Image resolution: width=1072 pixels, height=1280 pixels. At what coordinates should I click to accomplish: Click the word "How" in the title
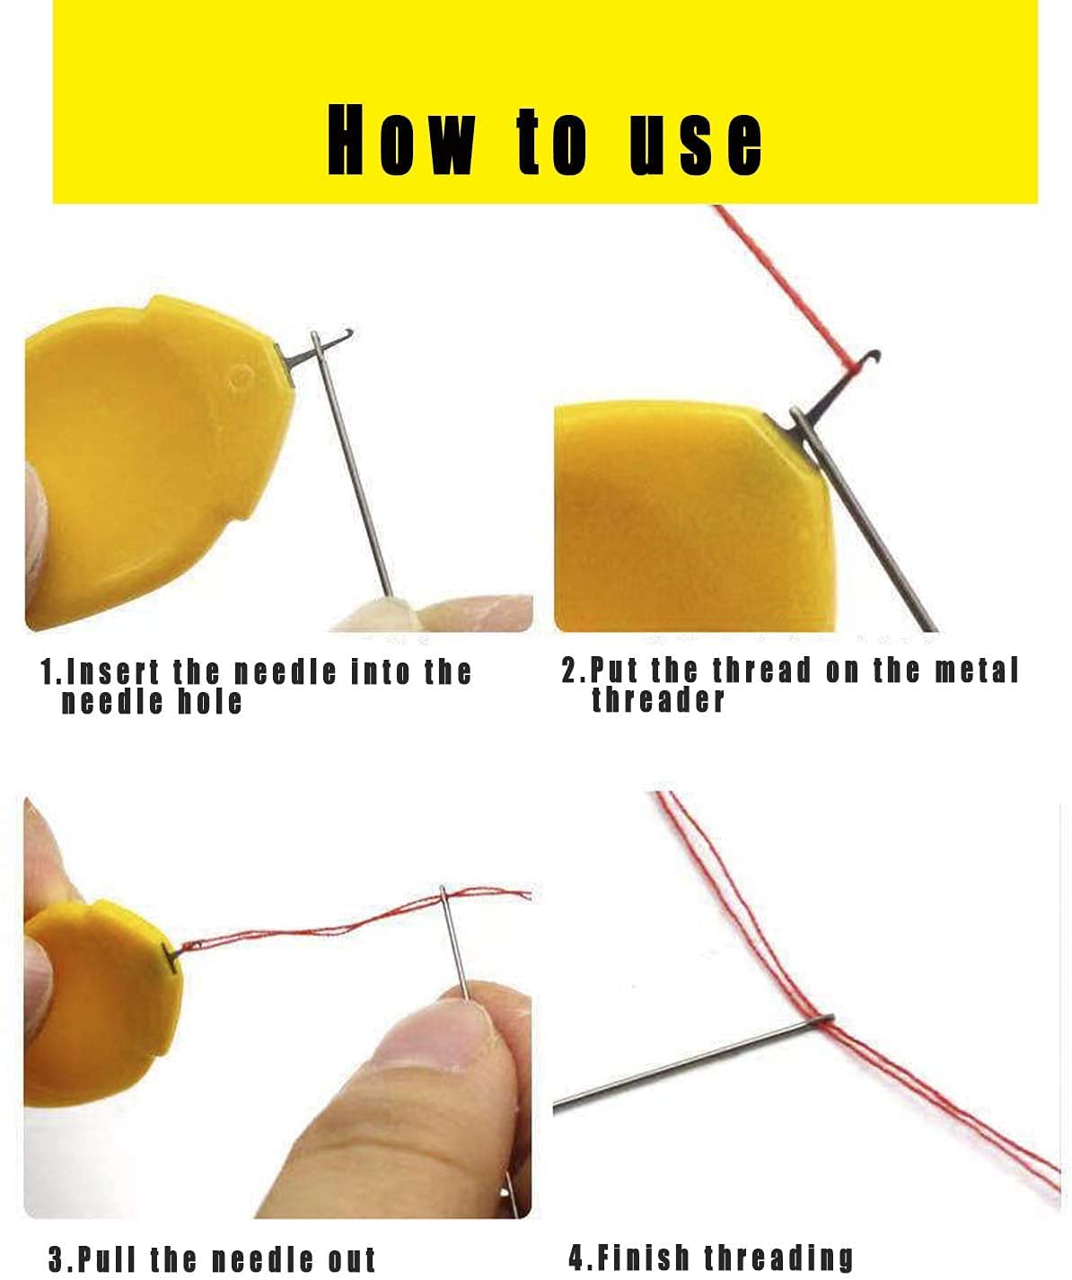click(400, 140)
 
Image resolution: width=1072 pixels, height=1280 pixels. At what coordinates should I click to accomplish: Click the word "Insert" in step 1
click(115, 672)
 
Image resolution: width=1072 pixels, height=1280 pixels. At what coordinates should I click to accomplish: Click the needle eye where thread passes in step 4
click(822, 1021)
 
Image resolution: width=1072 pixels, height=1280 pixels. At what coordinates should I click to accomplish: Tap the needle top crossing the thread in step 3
click(444, 895)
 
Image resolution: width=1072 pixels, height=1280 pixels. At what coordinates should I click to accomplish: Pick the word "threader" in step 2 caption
click(657, 700)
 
